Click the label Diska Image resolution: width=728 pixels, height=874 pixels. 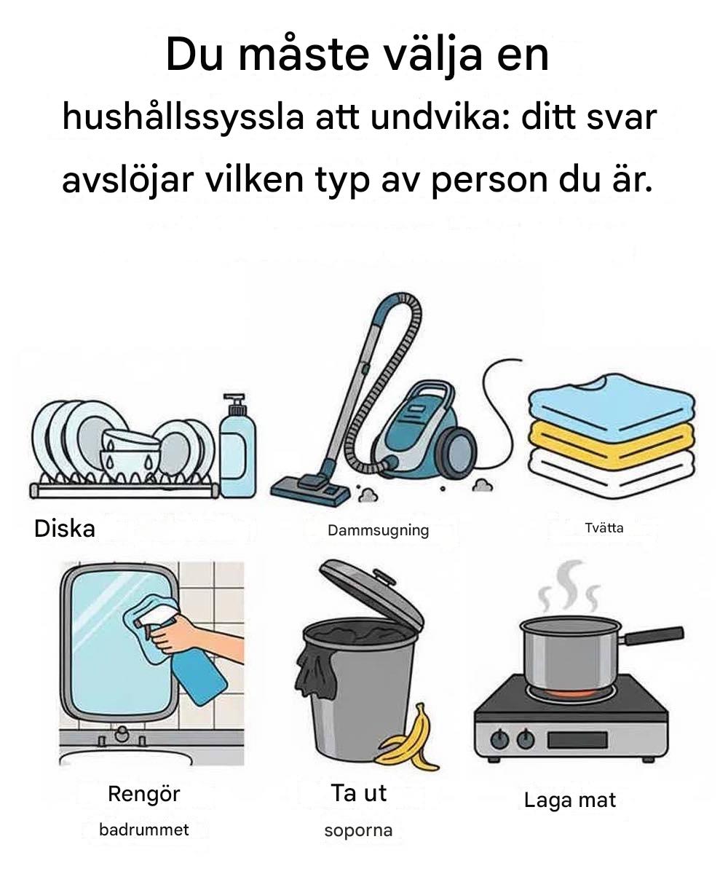pos(65,529)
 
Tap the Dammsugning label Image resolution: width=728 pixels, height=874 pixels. pos(379,531)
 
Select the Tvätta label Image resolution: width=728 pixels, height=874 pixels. pos(604,528)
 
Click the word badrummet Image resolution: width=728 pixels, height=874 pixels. pos(144,830)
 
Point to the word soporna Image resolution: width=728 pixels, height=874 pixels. pos(359,831)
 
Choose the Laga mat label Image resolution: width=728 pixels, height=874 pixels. pos(570,800)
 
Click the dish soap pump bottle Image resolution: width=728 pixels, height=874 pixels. pos(237,446)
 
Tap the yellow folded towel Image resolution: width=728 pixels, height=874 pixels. pos(612,444)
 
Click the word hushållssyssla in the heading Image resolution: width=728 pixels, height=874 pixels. pos(183,119)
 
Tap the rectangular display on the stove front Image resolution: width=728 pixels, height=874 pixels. pos(577,741)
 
